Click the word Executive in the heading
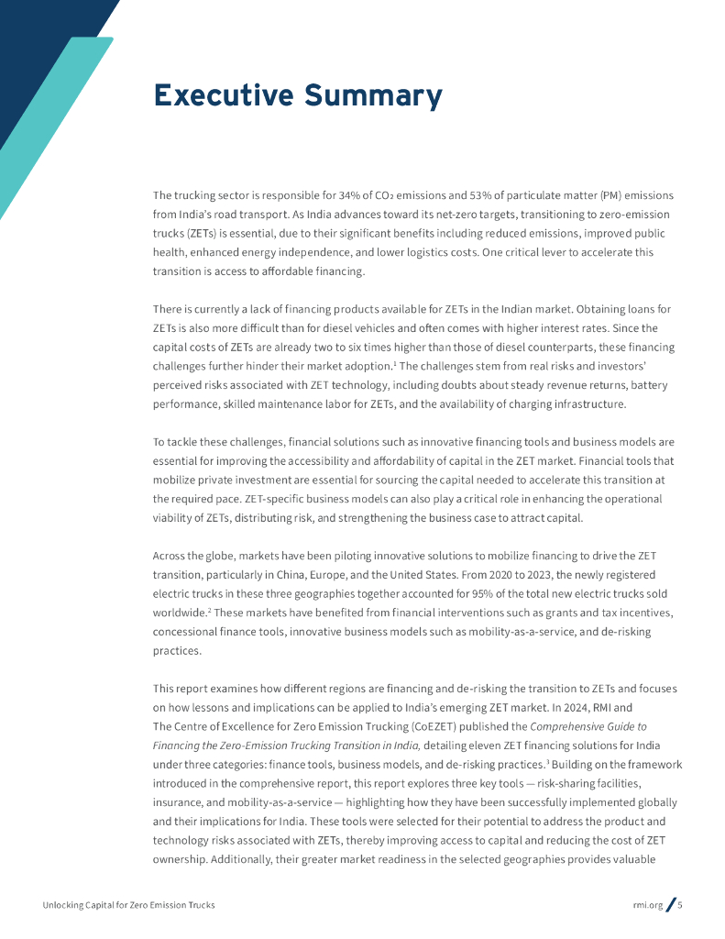point(221,95)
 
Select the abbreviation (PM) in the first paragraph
point(610,195)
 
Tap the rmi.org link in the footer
point(647,905)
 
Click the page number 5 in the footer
point(680,905)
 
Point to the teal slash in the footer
point(670,905)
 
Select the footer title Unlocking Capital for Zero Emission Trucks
point(128,905)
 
